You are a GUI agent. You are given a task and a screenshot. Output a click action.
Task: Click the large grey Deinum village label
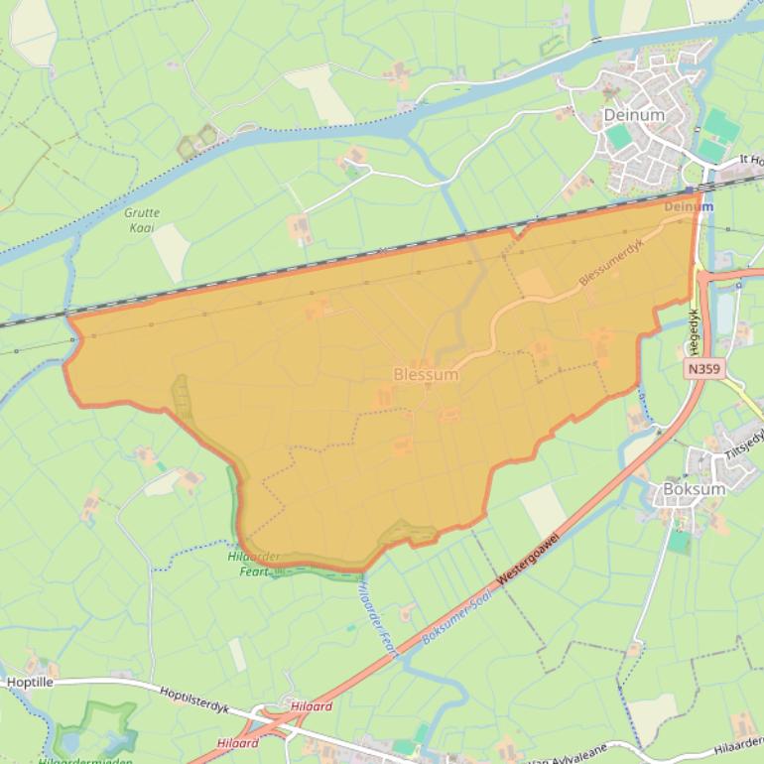pos(634,115)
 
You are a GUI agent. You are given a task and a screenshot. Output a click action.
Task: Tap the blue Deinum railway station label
pos(688,206)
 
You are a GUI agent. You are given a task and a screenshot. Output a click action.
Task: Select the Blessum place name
pos(426,375)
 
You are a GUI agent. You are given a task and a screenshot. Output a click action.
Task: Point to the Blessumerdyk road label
pos(611,266)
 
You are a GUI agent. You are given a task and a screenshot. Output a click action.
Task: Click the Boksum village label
pos(694,489)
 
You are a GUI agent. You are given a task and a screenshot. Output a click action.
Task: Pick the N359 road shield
pos(703,369)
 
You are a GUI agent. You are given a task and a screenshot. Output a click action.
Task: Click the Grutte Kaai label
pos(142,220)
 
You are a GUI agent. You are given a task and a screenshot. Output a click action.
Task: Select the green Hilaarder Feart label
pos(253,564)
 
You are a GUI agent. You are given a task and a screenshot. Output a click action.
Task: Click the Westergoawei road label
pos(528,561)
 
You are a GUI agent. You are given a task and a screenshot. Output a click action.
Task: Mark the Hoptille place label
pos(30,683)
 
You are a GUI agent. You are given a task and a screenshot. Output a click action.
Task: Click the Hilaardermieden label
pos(84,760)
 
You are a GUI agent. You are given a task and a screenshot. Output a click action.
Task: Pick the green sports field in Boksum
pos(679,542)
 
